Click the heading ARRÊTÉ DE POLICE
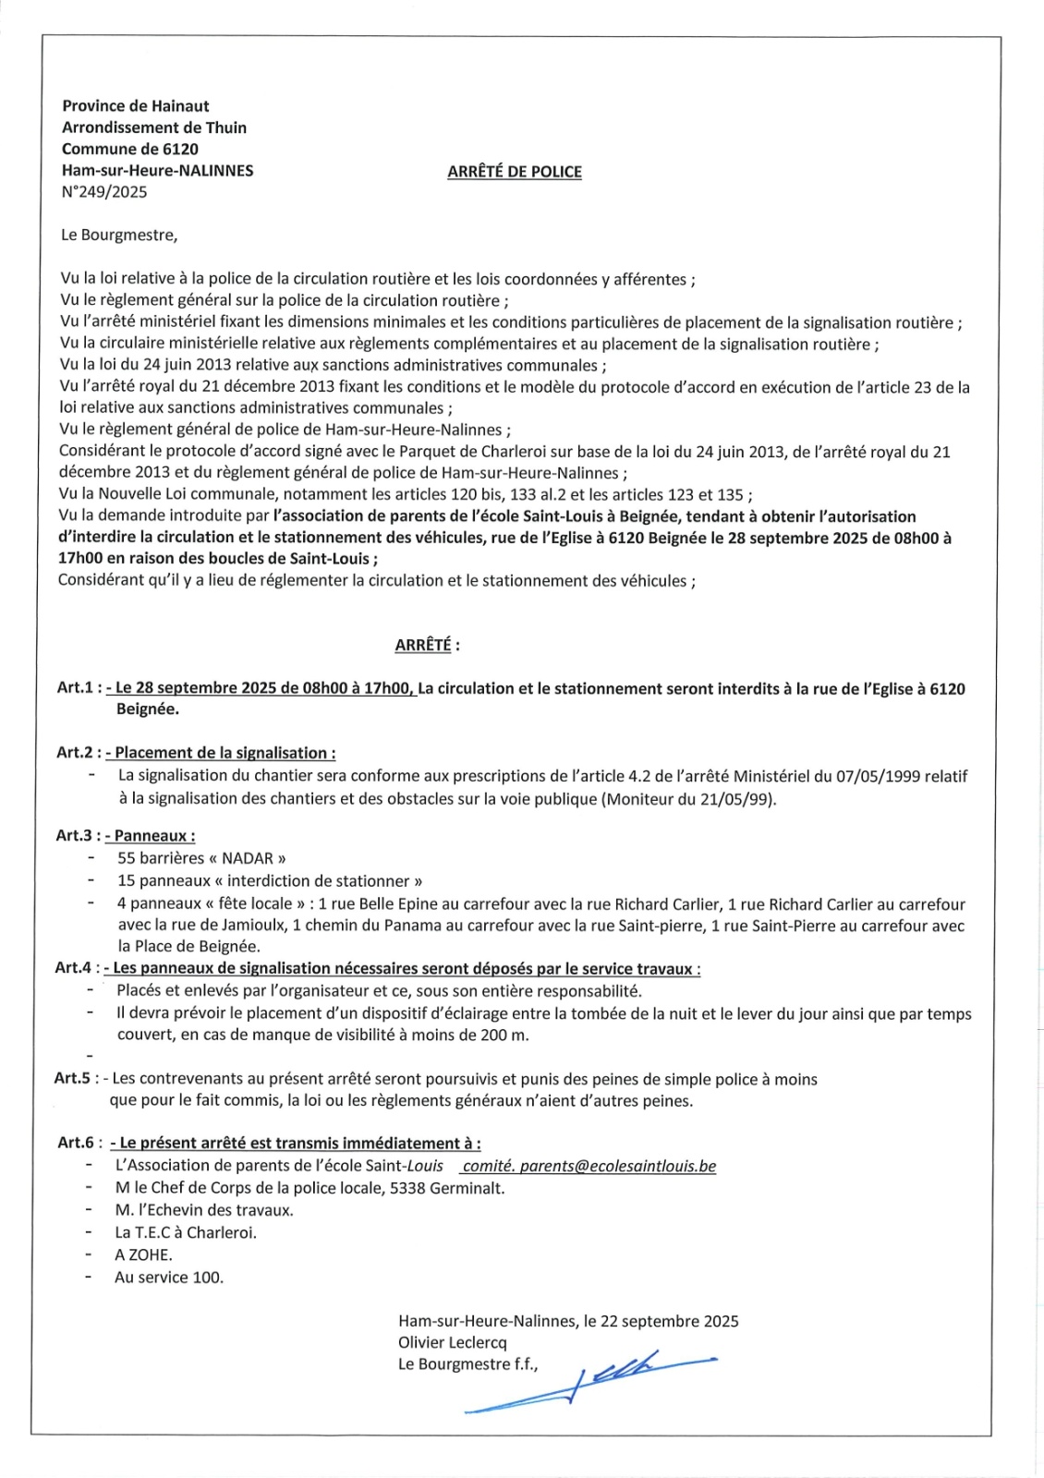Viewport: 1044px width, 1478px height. point(515,172)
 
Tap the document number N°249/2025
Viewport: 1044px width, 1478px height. point(104,192)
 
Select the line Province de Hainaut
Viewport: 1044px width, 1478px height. point(136,106)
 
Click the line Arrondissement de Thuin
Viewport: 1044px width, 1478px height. point(154,127)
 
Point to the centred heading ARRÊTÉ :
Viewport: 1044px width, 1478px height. point(427,645)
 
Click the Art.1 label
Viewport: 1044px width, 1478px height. point(78,688)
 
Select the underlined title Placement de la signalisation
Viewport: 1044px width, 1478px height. point(225,753)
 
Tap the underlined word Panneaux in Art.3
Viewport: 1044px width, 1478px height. point(154,836)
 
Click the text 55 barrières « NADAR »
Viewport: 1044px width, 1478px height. point(201,858)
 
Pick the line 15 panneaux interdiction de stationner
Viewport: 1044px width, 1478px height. point(270,881)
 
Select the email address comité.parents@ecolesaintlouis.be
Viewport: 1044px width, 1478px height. point(589,1166)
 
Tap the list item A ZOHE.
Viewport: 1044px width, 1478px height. point(143,1254)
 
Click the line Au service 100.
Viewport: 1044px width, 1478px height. point(169,1278)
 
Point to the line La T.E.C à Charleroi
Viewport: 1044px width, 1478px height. point(186,1232)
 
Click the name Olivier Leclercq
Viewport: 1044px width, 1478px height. point(453,1342)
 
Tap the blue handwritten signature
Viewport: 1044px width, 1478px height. point(591,1381)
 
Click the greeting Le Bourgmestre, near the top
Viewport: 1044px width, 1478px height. point(119,235)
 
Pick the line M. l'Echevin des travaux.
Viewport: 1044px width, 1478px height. point(204,1210)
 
